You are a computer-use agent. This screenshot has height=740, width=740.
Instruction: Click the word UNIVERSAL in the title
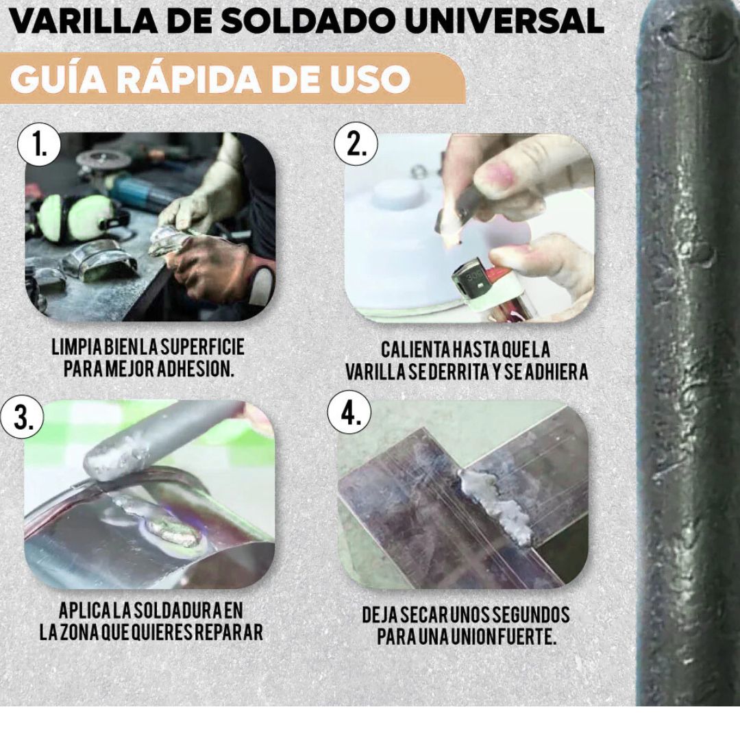(505, 21)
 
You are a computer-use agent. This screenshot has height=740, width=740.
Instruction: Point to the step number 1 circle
(39, 144)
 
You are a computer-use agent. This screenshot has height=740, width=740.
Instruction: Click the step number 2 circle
(356, 144)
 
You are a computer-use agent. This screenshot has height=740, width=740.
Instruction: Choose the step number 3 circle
(22, 417)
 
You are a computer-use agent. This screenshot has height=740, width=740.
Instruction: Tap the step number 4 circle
(349, 414)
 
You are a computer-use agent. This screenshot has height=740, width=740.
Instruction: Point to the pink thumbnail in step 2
(495, 172)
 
